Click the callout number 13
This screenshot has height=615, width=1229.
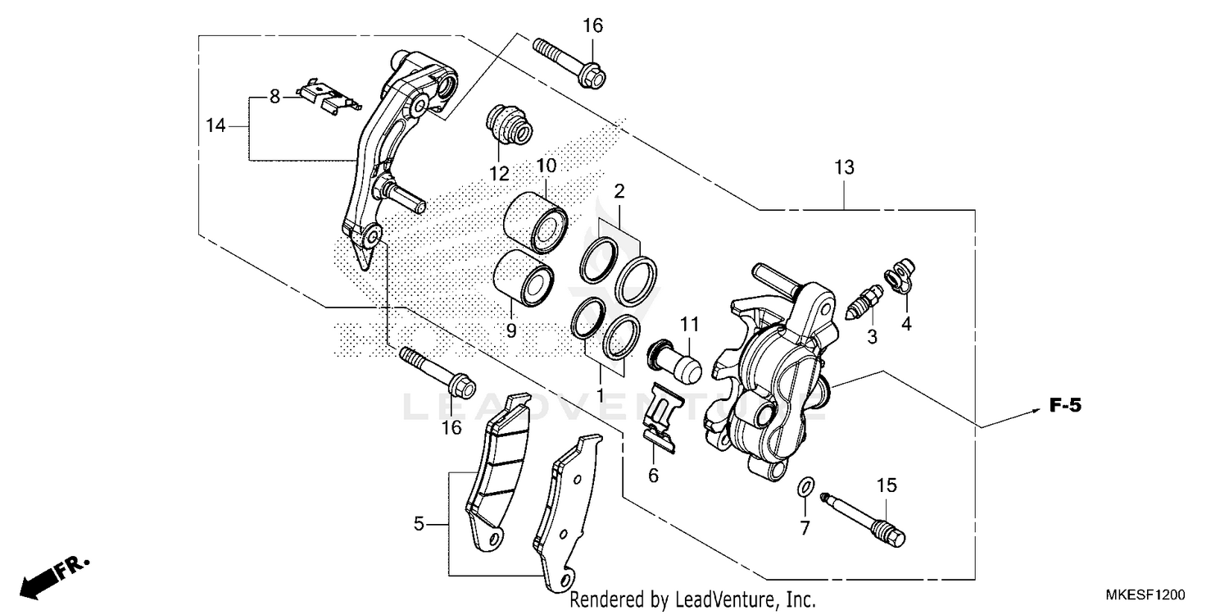click(x=844, y=168)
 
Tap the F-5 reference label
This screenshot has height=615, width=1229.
click(x=1066, y=404)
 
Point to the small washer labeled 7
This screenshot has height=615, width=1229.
click(x=805, y=489)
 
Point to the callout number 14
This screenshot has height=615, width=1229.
click(x=215, y=126)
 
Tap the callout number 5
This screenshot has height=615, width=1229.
click(x=419, y=523)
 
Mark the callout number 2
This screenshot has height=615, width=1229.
click(x=619, y=192)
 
